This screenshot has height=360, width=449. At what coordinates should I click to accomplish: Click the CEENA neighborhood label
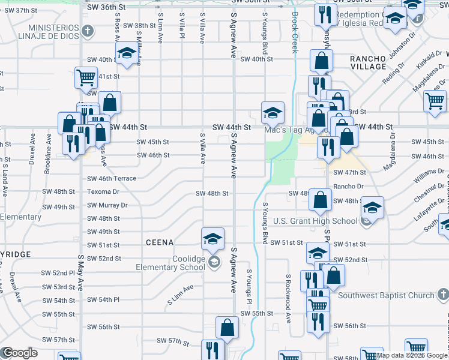pos(159,242)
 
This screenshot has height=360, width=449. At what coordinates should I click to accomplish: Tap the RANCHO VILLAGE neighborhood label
pos(368,62)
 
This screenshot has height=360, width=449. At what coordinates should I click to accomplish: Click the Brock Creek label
pos(295,33)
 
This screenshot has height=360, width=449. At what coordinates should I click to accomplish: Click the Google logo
pos(20,353)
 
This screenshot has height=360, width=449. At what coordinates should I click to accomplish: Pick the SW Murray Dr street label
pos(107,205)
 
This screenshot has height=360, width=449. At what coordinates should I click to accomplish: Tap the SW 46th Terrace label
pos(112,179)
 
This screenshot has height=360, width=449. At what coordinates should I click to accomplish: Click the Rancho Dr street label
pos(345,186)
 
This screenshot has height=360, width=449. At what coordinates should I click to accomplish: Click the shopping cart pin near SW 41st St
pos(86,77)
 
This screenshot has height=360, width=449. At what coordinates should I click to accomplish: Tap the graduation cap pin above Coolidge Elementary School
pos(212,239)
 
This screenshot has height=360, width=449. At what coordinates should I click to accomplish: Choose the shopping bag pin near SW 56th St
pos(228,328)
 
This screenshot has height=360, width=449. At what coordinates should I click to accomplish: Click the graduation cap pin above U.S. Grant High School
pos(372,208)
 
